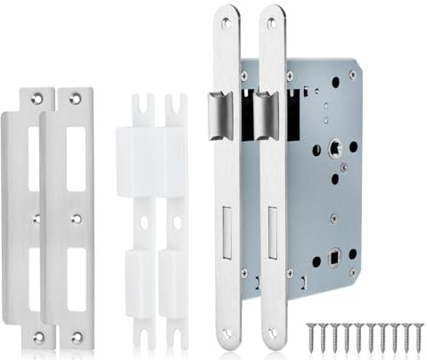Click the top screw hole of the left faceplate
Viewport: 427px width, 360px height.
(226, 22)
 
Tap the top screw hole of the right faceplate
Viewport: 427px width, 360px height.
(272, 22)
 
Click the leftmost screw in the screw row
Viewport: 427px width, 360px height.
(313, 338)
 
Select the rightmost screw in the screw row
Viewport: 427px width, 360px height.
(418, 338)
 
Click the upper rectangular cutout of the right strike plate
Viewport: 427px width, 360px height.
(76, 146)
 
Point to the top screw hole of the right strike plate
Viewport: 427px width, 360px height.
(76, 99)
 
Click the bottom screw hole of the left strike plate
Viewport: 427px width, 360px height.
(37, 337)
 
